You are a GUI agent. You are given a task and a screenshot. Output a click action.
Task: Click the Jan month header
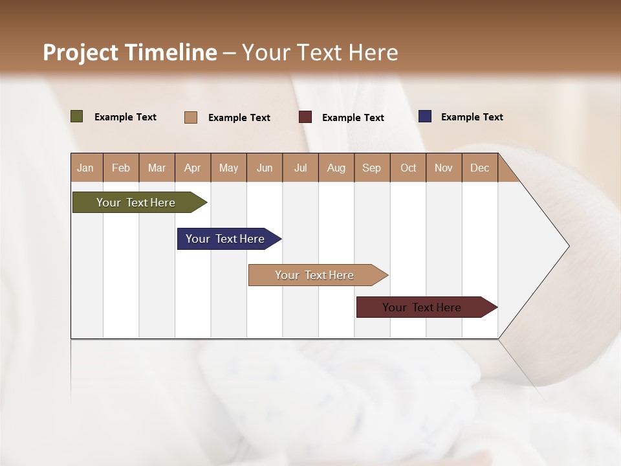[85, 168]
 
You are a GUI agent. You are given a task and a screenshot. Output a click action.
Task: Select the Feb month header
[121, 168]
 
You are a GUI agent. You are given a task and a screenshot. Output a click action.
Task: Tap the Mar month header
[157, 168]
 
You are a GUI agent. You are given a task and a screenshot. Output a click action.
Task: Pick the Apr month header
[192, 168]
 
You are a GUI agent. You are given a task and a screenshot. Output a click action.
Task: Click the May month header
[228, 168]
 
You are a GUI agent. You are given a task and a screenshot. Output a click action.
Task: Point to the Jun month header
[265, 168]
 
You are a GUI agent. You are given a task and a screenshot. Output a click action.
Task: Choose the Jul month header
[300, 168]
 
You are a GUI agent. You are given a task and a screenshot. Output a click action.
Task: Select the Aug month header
[336, 168]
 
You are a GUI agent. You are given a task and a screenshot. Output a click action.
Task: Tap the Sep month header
[371, 168]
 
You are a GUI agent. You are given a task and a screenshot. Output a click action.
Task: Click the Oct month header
[408, 168]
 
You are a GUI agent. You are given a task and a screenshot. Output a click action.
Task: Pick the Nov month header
[444, 168]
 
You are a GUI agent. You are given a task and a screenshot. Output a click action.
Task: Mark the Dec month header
[479, 168]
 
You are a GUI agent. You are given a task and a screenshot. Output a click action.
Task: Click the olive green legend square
[77, 116]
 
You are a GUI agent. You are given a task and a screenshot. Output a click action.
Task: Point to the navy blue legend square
[425, 116]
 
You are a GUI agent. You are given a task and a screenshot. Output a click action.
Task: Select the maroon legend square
[305, 117]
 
